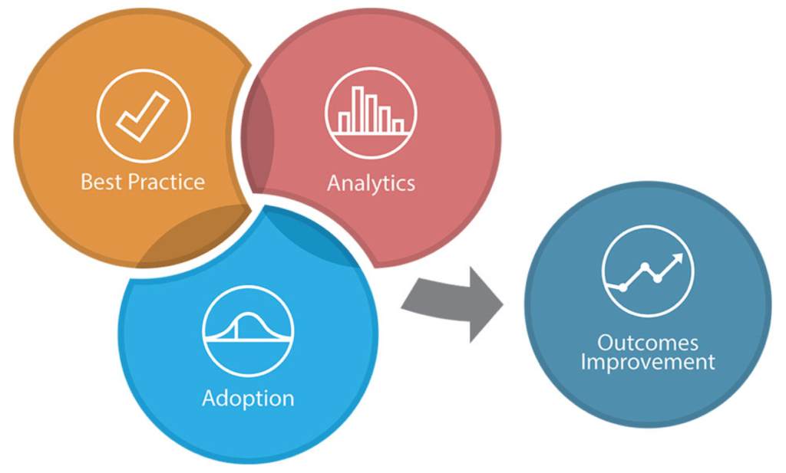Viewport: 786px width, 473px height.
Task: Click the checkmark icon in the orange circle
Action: point(143,116)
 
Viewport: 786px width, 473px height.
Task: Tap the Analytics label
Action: point(371,183)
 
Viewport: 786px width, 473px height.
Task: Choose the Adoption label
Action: point(248,399)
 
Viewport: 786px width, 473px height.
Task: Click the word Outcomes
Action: point(648,342)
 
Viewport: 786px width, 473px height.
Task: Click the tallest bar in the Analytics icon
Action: point(357,109)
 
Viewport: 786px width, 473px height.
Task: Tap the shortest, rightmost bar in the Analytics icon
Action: point(398,125)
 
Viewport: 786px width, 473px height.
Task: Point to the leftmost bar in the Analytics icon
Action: point(344,122)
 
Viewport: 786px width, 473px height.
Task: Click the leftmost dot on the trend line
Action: point(623,287)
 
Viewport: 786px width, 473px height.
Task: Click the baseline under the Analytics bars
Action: point(371,133)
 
